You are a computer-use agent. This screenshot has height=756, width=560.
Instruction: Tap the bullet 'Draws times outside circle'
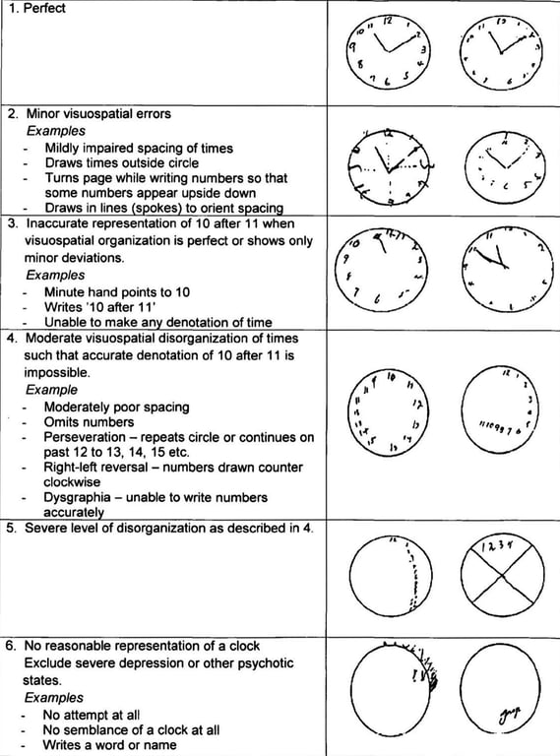(x=120, y=162)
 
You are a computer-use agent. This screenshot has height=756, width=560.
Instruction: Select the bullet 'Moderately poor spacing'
(x=117, y=407)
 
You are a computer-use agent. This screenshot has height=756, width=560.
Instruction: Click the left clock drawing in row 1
(x=388, y=50)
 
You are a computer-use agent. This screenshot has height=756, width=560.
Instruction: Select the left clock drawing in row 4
(x=390, y=411)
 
